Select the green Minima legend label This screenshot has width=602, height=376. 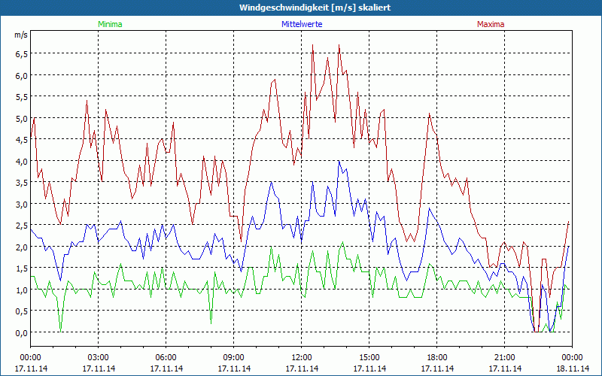tap(109, 24)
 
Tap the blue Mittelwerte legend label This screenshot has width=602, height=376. tap(301, 24)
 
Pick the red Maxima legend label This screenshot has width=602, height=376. tap(491, 24)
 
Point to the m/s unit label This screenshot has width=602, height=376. tap(20, 35)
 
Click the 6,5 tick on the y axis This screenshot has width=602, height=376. tap(20, 54)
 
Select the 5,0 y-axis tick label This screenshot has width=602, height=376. tap(20, 118)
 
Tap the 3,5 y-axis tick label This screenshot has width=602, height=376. tap(20, 183)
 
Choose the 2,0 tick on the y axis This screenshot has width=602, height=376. tap(20, 247)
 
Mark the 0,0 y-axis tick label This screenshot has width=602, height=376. tap(20, 332)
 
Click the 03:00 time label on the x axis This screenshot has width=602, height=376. tap(98, 357)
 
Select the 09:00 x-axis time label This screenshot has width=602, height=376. tap(233, 357)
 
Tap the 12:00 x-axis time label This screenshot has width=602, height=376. tap(301, 357)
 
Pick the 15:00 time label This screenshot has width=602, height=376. tap(369, 357)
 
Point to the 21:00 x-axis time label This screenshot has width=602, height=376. tap(504, 357)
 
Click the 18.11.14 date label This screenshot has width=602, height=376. tap(572, 368)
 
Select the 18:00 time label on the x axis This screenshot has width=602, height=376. tap(436, 357)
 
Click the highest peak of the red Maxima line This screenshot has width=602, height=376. tap(313, 45)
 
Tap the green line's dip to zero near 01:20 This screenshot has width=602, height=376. tap(61, 332)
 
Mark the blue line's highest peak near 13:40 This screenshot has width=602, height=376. tap(339, 161)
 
